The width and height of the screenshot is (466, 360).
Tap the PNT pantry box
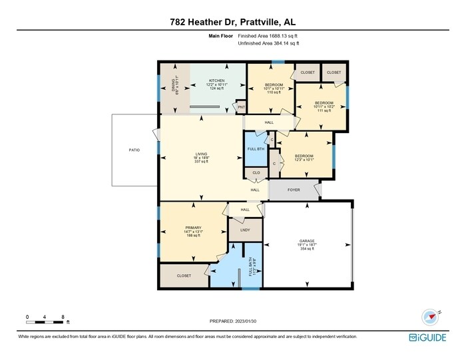pyautogui.click(x=242, y=107)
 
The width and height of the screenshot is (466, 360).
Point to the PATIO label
pyautogui.click(x=134, y=150)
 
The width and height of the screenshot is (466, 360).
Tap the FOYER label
pyautogui.click(x=294, y=190)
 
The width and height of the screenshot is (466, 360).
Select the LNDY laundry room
pyautogui.click(x=244, y=230)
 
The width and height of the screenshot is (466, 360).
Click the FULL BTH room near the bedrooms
pyautogui.click(x=254, y=149)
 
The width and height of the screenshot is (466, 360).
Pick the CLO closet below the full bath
pyautogui.click(x=256, y=174)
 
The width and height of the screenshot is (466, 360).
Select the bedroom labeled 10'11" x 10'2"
pyautogui.click(x=322, y=106)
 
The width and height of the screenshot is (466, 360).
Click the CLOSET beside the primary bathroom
pyautogui.click(x=184, y=275)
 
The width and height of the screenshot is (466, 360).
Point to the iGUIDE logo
pyautogui.click(x=427, y=337)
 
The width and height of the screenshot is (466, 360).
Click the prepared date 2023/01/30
pyautogui.click(x=232, y=321)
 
